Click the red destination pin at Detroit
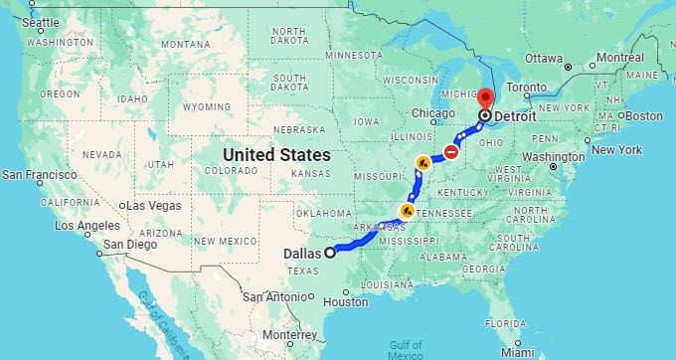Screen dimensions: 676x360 484,98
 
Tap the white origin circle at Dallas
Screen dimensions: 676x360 330,251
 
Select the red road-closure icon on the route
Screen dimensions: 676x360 451,152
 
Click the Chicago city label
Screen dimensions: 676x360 432,112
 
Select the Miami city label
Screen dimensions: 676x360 517,351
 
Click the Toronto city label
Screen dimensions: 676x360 547,87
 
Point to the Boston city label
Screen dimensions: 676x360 642,115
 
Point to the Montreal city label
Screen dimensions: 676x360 620,57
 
